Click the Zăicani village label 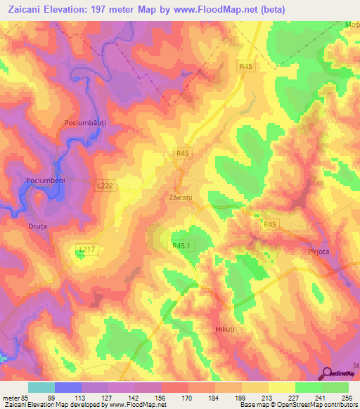tap(181, 197)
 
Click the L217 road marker tap(86, 249)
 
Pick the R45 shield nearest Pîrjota tap(271, 224)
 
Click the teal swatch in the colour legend tap(41, 387)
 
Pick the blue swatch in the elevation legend tap(67, 387)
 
